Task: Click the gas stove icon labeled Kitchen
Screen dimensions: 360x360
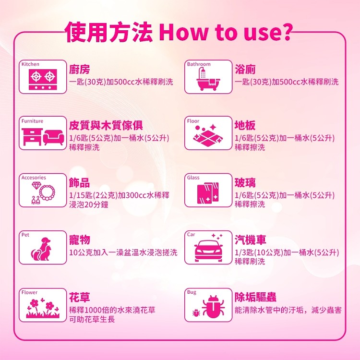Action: pos(43,79)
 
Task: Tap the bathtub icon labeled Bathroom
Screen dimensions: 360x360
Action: pos(208,79)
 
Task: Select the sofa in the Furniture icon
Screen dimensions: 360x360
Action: pos(54,138)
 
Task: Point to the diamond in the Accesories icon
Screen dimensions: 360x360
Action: pos(36,185)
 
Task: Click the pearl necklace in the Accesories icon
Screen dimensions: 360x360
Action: pos(47,193)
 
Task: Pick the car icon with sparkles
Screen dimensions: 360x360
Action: pos(208,249)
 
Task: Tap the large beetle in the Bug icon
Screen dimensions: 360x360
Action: pos(213,307)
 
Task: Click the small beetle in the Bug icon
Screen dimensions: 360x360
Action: pos(196,312)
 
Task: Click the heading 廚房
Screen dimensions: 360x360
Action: pos(79,69)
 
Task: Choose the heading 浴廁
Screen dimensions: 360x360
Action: pos(245,69)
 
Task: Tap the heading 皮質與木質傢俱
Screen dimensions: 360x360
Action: pos(106,125)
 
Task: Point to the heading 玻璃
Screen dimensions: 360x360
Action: pos(245,183)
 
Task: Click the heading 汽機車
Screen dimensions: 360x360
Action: pos(250,240)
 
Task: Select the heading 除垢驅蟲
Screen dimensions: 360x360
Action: pos(255,297)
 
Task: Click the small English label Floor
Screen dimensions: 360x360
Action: pos(193,121)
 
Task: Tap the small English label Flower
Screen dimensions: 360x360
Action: pos(29,292)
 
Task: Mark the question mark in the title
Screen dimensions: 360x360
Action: pos(286,32)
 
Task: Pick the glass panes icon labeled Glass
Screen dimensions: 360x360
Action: pos(208,193)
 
